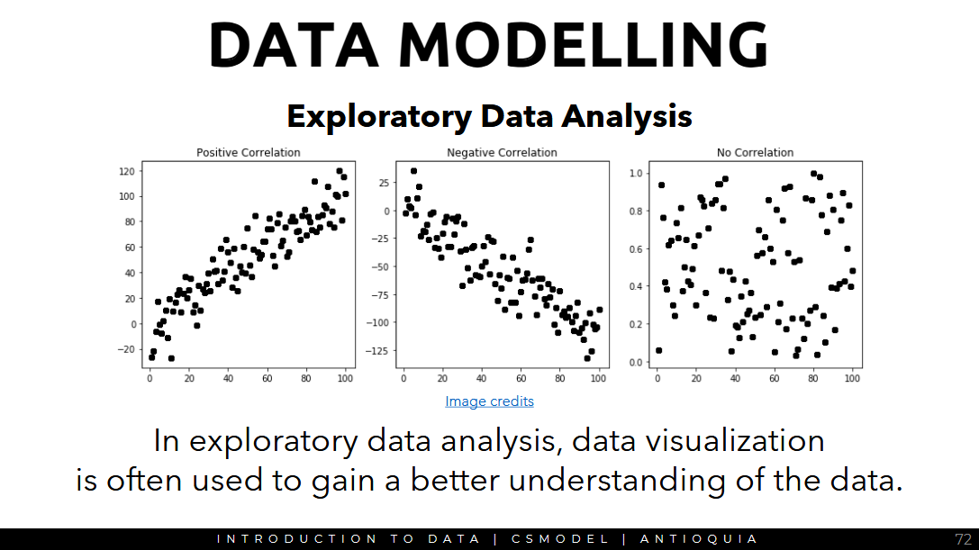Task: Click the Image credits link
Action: tap(489, 401)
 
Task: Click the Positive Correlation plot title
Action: tap(249, 153)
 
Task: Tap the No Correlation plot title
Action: tap(755, 153)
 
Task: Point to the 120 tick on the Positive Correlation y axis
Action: tap(126, 171)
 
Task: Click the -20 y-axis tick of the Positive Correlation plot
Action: tap(126, 349)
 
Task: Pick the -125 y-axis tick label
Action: tap(380, 349)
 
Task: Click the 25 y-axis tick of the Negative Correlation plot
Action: tap(385, 183)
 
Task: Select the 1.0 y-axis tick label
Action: tap(634, 173)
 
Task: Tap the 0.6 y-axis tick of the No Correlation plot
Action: tap(634, 248)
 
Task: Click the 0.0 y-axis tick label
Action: tap(634, 362)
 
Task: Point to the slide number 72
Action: tap(963, 539)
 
